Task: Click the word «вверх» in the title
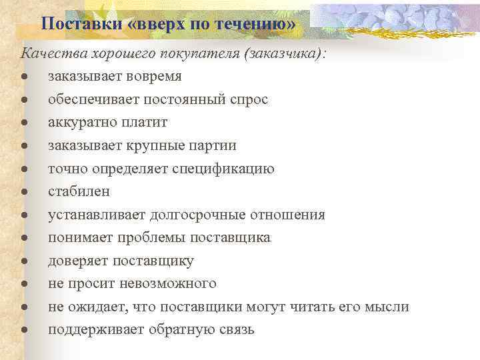click(157, 25)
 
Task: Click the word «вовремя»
click(149, 77)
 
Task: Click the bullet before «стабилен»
click(24, 192)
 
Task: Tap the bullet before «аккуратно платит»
click(24, 123)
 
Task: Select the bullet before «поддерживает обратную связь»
click(24, 330)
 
